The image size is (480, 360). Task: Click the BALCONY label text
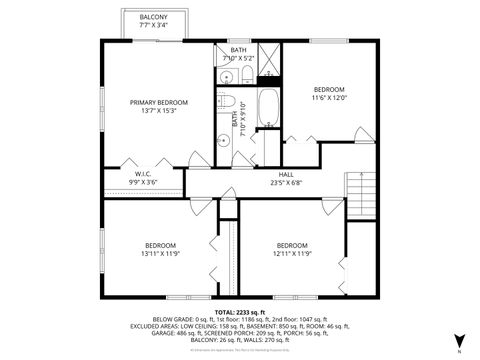pos(153,18)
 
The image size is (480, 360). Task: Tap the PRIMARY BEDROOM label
pos(159,103)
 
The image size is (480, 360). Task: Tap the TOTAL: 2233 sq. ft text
pos(240,313)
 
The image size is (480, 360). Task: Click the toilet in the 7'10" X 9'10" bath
pos(228,104)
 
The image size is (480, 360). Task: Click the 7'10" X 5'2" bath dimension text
pos(238,58)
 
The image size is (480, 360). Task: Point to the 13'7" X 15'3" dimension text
pos(159,111)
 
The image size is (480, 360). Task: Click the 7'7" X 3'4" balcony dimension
pos(153,26)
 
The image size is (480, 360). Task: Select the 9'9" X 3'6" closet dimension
pos(143,181)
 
